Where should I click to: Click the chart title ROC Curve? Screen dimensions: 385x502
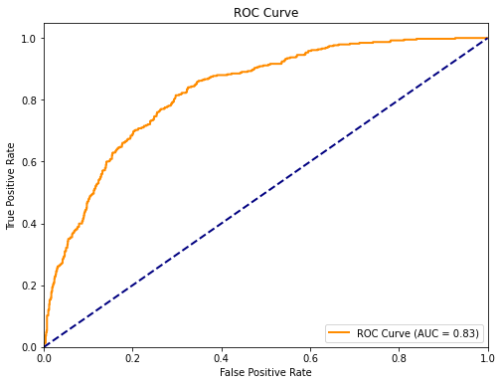(x=264, y=13)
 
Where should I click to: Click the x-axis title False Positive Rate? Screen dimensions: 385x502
(x=264, y=373)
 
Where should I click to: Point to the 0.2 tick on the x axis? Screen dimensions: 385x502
(x=132, y=356)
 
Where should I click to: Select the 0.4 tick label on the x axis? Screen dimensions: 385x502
(x=221, y=356)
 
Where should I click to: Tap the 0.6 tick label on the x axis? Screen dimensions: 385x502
(x=309, y=356)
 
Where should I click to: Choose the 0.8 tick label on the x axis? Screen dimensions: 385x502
(x=398, y=356)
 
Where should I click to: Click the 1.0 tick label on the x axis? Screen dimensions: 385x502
(x=486, y=356)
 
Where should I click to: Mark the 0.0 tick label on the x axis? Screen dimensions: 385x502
(x=44, y=356)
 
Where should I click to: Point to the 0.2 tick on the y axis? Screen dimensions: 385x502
(x=29, y=285)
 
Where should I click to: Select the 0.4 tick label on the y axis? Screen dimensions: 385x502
(x=29, y=223)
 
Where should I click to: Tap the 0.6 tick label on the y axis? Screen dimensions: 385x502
(x=29, y=161)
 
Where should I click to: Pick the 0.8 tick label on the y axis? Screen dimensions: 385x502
(x=29, y=99)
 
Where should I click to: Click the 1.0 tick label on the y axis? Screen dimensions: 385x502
(x=29, y=38)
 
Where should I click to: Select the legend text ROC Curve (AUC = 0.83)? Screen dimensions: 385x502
(x=418, y=333)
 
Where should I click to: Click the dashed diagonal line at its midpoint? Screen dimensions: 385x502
(x=265, y=192)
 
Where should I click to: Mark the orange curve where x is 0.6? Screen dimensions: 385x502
(x=309, y=50)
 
